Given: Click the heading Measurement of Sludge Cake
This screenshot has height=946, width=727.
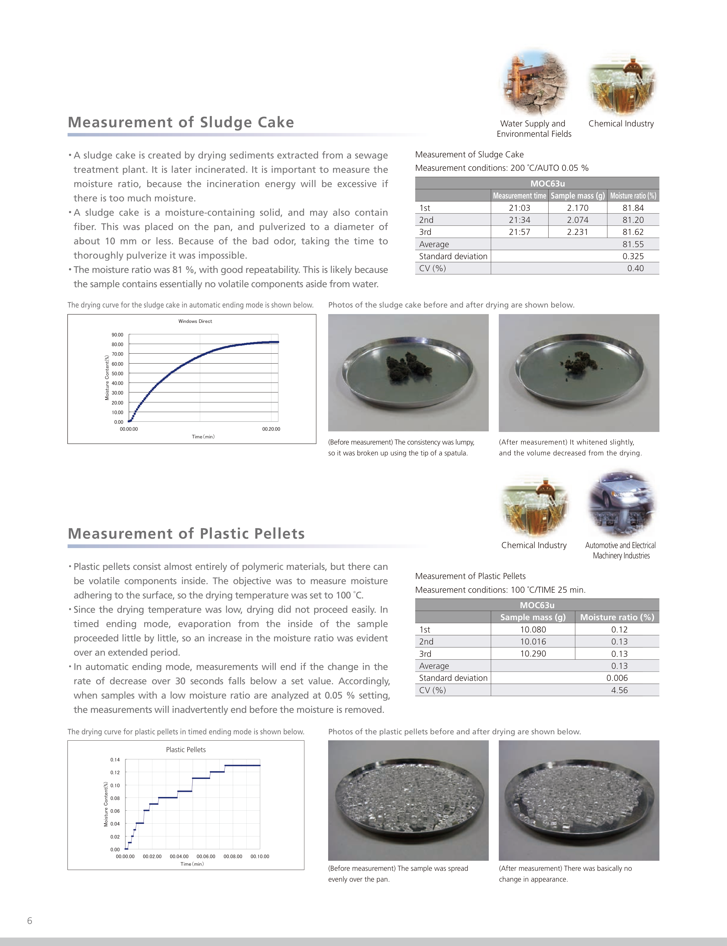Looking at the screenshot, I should coord(181,122).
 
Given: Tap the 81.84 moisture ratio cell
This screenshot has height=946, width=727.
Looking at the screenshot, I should coord(633,208).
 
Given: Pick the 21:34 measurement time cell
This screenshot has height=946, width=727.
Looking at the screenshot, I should coord(519,220).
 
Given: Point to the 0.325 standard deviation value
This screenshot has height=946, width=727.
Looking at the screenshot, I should coord(633,256).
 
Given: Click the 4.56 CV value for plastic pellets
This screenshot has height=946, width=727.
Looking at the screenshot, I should coord(619,690).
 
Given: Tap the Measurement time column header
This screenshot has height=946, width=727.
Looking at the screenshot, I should coord(519,196).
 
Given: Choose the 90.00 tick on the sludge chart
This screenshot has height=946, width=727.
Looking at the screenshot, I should coord(117,335).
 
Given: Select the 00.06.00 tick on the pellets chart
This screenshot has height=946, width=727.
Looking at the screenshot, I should coord(206,856).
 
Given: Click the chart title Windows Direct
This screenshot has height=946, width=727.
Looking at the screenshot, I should coord(195,321).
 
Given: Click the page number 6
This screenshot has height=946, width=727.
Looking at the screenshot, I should coord(29,921).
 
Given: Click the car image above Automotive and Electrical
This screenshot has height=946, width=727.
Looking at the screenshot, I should coord(621,504).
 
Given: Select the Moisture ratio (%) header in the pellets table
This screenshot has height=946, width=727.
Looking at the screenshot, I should coord(617,617).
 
